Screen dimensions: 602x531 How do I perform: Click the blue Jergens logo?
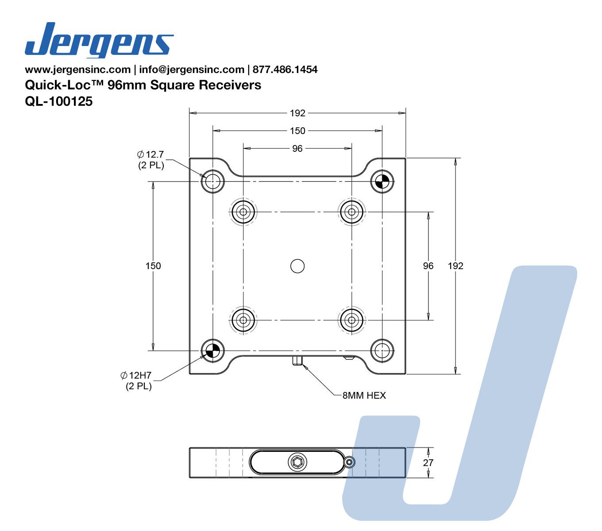[x=99, y=40]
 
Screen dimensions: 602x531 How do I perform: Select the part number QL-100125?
[x=59, y=101]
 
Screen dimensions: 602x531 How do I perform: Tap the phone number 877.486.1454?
[x=285, y=69]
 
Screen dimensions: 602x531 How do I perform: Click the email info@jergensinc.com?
[x=192, y=69]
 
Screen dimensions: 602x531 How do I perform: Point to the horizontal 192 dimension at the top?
[x=297, y=113]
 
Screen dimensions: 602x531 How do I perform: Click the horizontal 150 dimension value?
[x=297, y=131]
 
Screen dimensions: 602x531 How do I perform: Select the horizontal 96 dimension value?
[x=297, y=149]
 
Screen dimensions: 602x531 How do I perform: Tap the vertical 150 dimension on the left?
[x=153, y=265]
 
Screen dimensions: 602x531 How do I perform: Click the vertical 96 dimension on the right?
[x=428, y=265]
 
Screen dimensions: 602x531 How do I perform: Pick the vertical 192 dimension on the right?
[x=455, y=265]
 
